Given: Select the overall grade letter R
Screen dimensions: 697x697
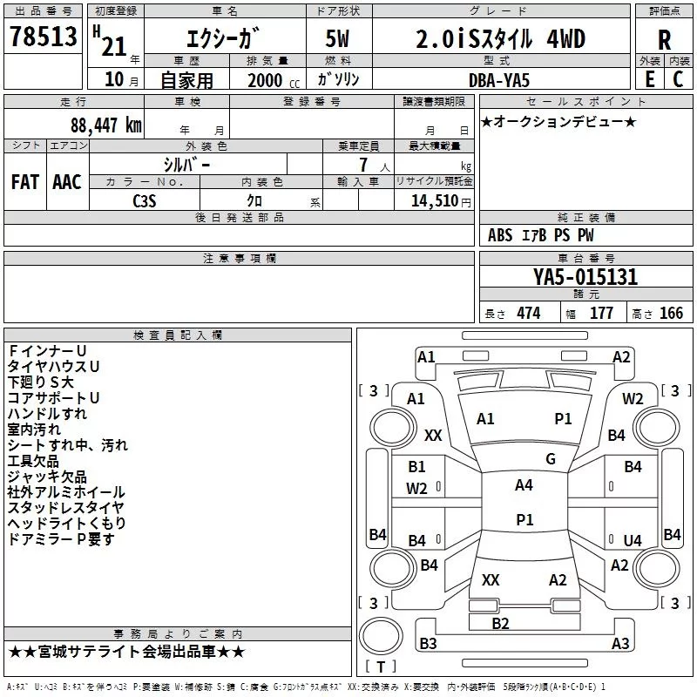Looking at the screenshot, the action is point(664,39).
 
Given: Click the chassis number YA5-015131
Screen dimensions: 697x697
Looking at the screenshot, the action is point(585,277).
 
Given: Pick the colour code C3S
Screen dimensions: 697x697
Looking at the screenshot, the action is point(145,200).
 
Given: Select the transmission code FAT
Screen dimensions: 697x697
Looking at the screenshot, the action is point(25,181).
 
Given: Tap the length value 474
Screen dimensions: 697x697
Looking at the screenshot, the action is point(529,313).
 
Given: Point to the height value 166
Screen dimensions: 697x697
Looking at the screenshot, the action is point(670,313).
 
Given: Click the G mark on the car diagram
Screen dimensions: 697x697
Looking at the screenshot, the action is point(551,458).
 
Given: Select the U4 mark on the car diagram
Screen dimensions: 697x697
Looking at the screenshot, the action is point(633,540).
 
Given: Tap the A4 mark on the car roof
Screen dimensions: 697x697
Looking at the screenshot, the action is point(524,485).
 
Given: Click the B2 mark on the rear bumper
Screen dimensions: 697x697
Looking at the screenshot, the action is point(500,623).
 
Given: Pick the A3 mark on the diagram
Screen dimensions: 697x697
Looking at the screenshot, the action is point(620,644).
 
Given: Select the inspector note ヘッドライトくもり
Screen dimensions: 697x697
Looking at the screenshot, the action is point(67,524).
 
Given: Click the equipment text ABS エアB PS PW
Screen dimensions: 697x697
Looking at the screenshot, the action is point(541,235).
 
